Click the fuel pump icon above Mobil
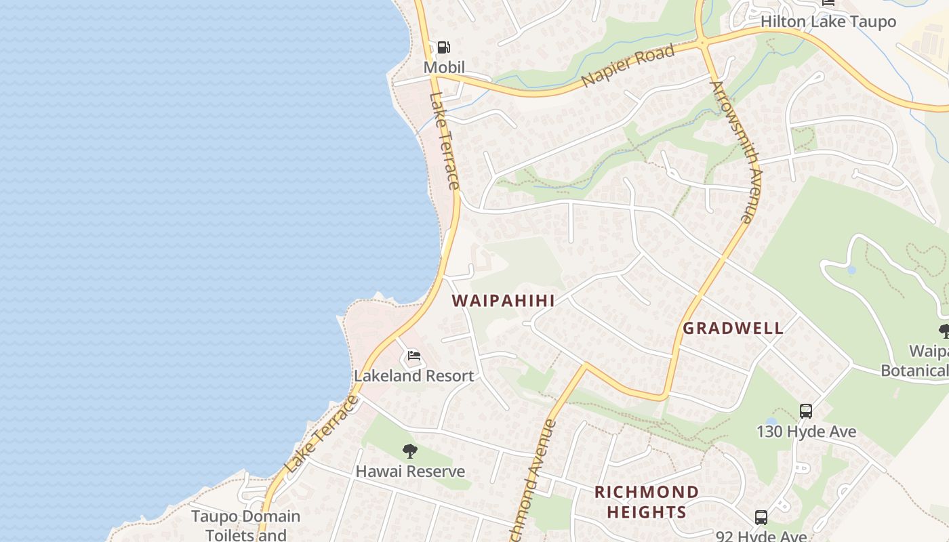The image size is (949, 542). [443, 47]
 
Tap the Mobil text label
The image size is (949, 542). [444, 67]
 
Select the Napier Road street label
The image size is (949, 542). [628, 66]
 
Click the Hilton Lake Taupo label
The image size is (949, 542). [828, 22]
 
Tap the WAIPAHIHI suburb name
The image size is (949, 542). [503, 301]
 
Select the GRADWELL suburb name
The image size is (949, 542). [733, 329]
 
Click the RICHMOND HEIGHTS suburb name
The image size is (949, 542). [646, 501]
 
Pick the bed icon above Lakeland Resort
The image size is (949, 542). [413, 356]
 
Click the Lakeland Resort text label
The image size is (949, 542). [413, 375]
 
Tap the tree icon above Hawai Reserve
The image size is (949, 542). [409, 451]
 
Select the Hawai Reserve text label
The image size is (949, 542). [410, 471]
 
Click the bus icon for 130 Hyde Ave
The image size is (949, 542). [805, 411]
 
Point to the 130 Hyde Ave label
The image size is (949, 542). [806, 432]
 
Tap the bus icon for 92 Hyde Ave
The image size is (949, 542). [761, 518]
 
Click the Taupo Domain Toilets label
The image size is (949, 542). [245, 525]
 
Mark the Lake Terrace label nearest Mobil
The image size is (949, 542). [445, 140]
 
